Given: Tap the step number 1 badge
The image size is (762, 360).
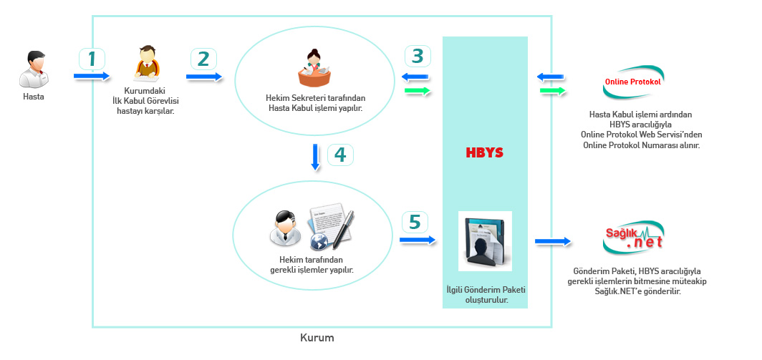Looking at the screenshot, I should tap(92, 59).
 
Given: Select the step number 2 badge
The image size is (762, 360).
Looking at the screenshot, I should tap(203, 59).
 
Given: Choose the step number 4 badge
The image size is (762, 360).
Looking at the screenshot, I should tap(341, 155).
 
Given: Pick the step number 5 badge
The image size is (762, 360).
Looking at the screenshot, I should tap(415, 223).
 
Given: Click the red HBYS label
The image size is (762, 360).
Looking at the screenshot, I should tap(485, 153).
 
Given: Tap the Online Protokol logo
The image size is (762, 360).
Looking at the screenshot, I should tap(633, 82).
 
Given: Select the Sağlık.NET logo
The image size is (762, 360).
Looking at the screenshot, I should tap(633, 238).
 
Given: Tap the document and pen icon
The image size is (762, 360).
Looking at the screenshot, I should tap(331, 228).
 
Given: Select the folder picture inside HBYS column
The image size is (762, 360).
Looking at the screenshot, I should tap(485, 241).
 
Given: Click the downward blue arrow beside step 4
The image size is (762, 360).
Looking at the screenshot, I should tap(316, 157).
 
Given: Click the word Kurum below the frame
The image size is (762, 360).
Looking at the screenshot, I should tap(317, 337).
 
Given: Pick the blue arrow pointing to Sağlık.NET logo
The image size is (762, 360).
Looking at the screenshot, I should tap(552, 243).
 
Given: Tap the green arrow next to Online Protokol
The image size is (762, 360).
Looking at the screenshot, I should tap(552, 91).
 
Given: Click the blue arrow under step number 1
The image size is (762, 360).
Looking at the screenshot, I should tap(91, 76).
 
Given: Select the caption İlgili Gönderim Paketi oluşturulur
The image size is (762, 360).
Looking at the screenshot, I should tap(486, 295).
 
